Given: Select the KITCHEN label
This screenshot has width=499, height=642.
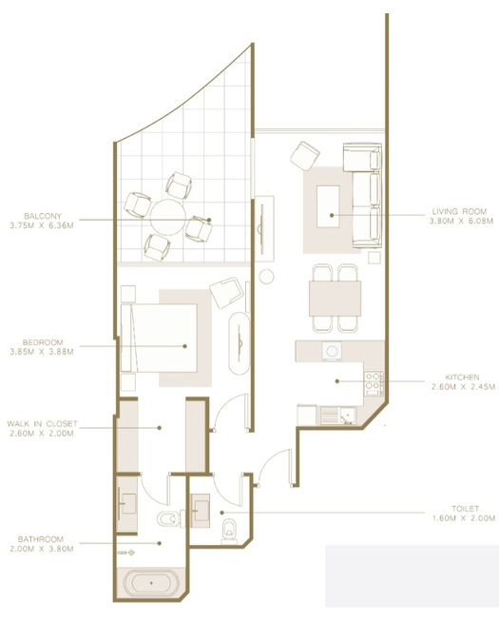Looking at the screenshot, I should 455,377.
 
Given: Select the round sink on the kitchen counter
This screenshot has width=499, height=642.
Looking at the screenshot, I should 332,351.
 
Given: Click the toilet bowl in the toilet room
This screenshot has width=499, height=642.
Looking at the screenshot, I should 229,526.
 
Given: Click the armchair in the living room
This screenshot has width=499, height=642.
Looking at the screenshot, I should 307,154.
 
